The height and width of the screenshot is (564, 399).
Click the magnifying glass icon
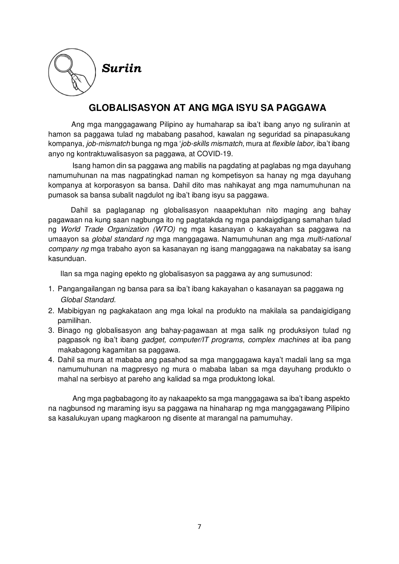tap(72, 72)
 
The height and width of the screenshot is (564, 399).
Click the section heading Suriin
tap(122, 69)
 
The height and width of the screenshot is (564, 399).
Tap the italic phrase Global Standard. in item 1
tap(88, 300)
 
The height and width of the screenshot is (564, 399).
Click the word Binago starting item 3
tap(69, 330)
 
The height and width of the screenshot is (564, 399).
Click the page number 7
tap(199, 526)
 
